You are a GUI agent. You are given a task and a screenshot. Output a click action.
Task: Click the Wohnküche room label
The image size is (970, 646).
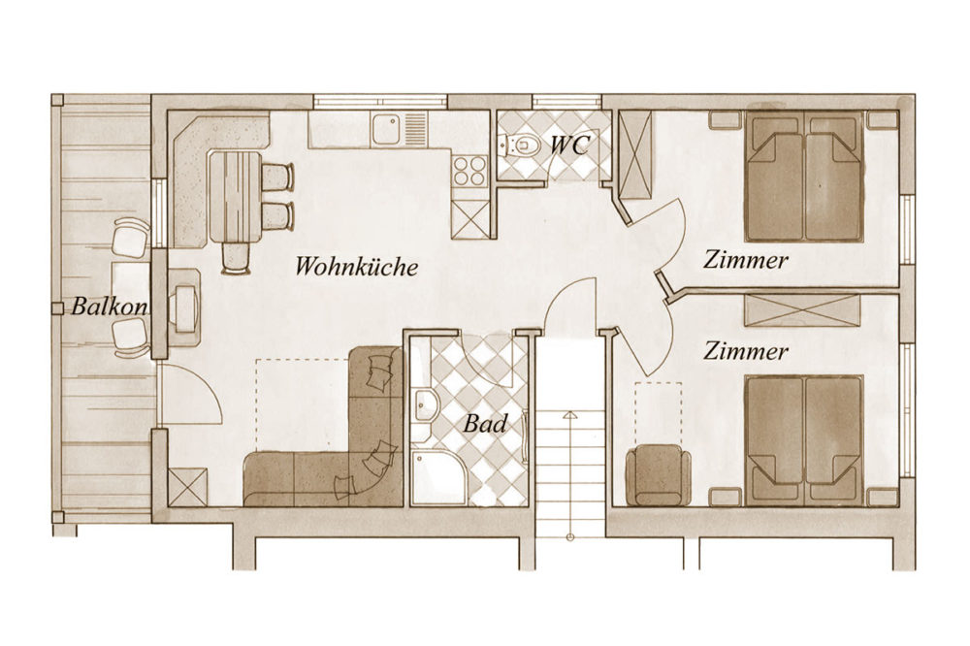tap(356, 267)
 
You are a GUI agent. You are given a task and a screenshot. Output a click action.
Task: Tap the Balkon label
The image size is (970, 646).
tap(109, 307)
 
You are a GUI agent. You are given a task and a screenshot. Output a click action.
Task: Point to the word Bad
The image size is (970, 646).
tap(486, 424)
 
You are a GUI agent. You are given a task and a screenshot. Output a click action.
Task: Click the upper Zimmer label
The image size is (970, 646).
tap(746, 260)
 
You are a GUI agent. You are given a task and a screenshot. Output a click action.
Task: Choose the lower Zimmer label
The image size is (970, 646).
tap(746, 351)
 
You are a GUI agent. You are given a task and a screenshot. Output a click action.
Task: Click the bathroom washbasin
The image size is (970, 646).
tap(425, 406)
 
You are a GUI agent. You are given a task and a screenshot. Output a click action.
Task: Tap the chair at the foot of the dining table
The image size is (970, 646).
tap(237, 257)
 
